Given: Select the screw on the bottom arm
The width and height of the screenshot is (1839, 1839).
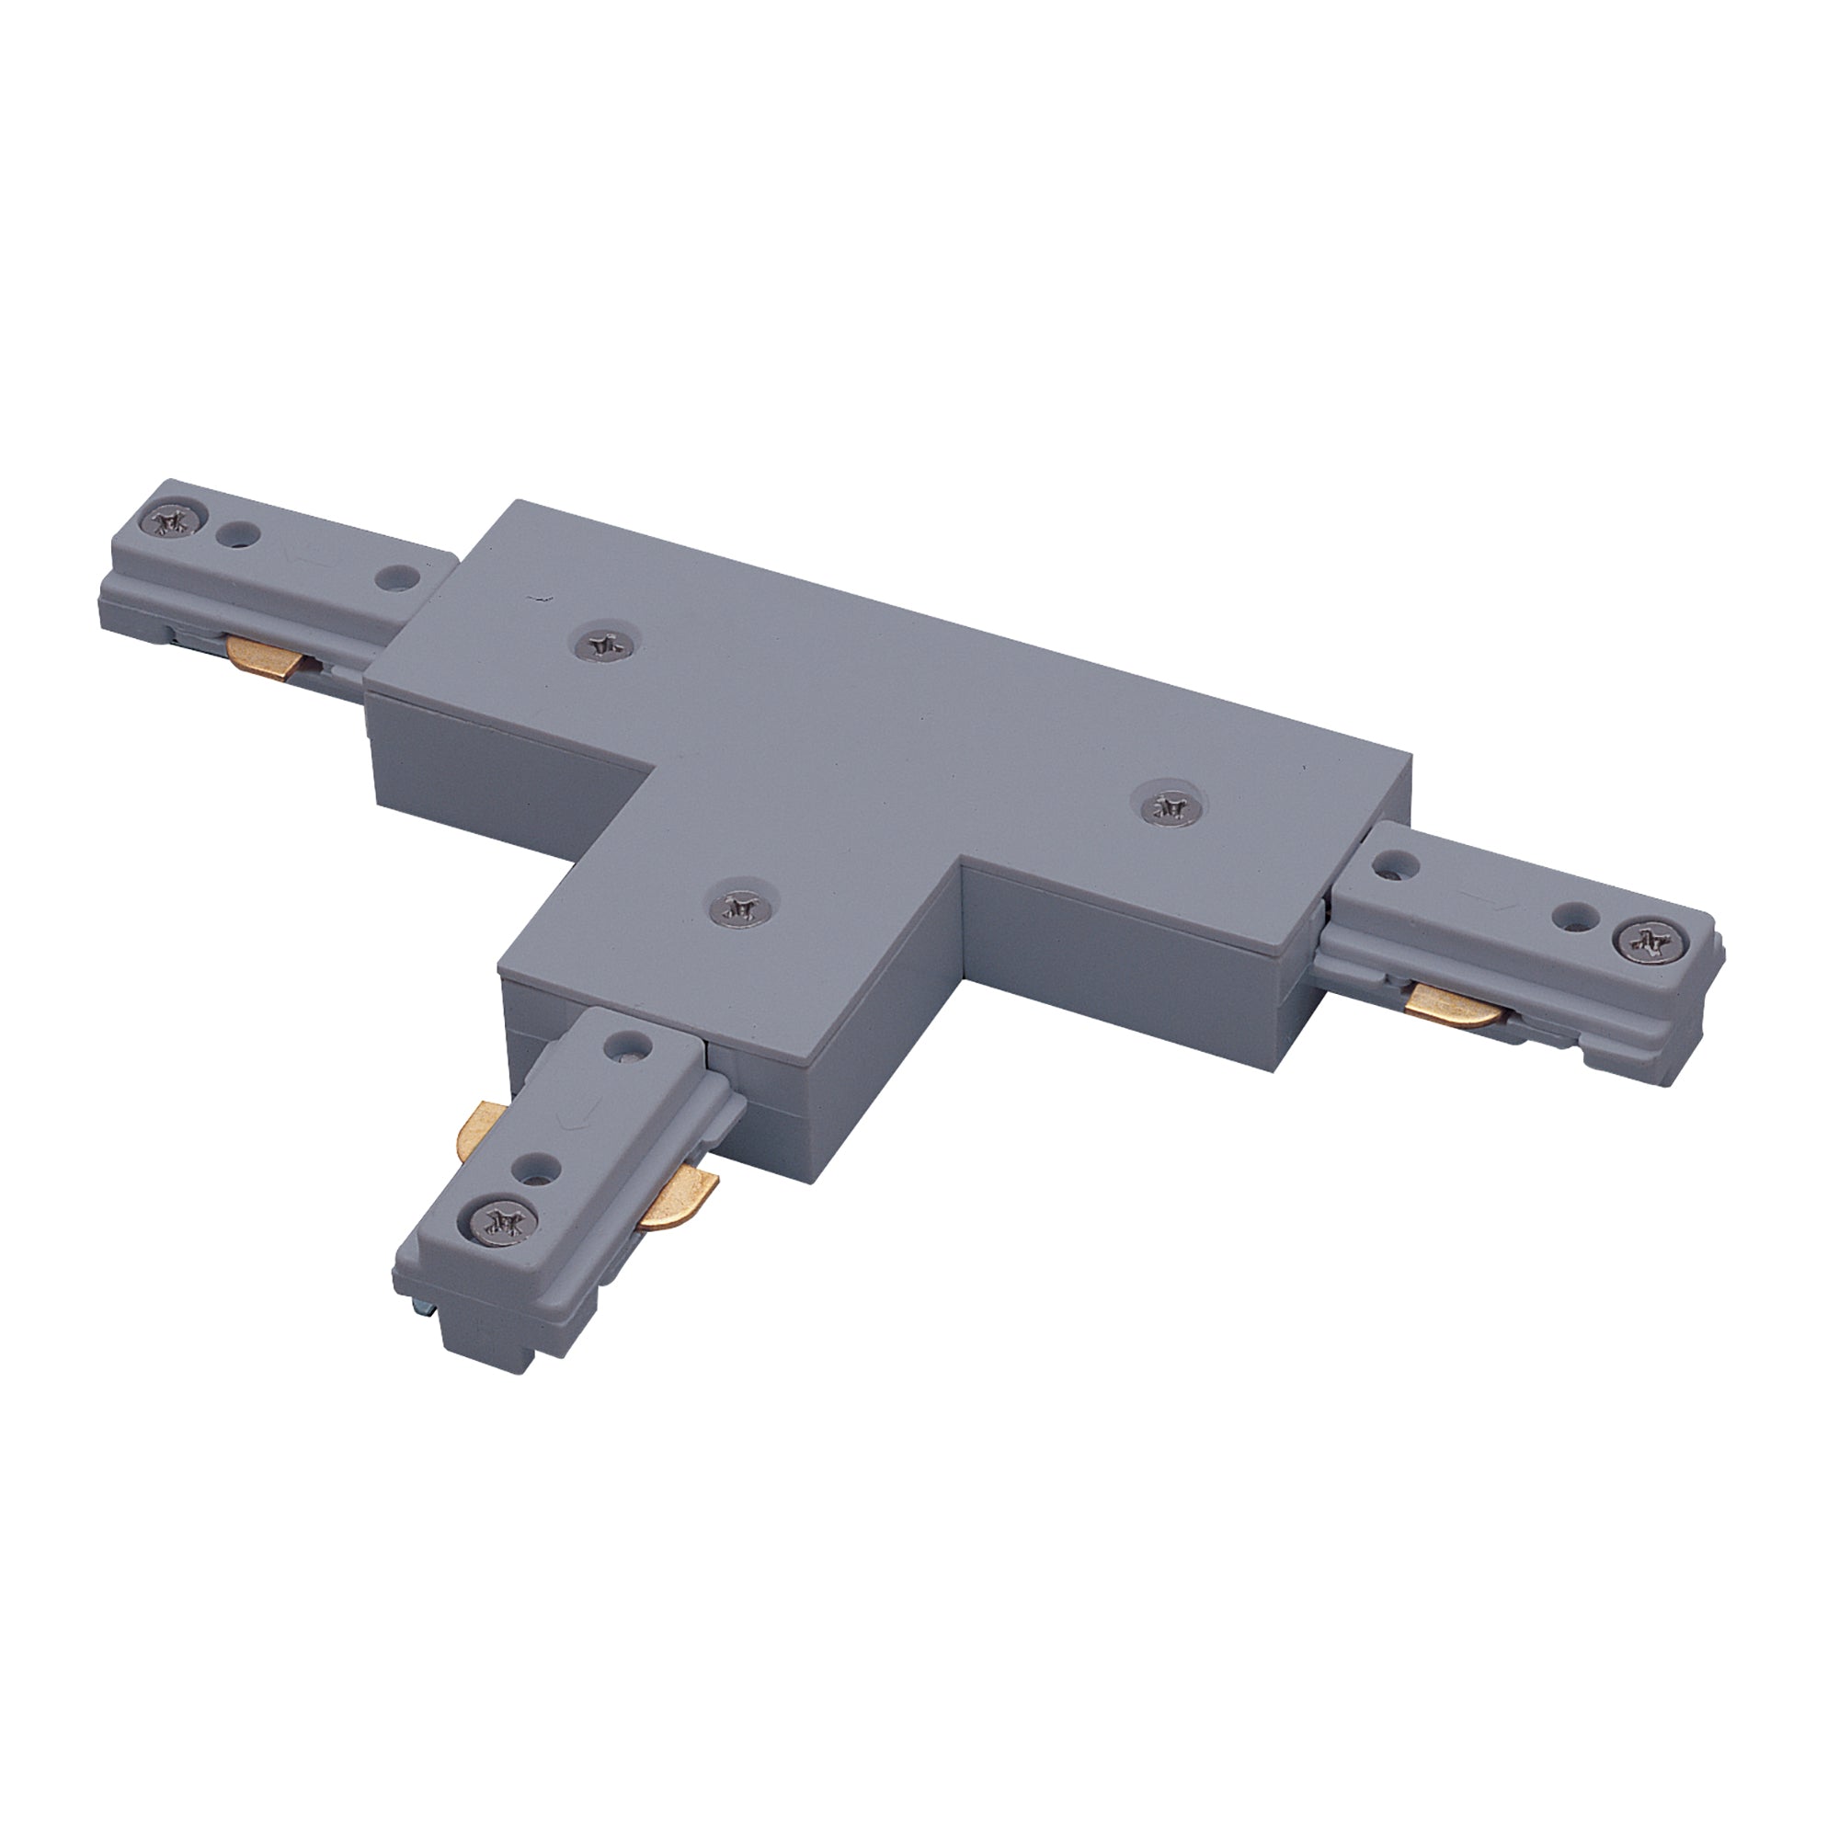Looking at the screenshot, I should [x=501, y=1220].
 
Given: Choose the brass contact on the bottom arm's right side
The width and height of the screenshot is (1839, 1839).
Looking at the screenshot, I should [x=678, y=1197].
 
